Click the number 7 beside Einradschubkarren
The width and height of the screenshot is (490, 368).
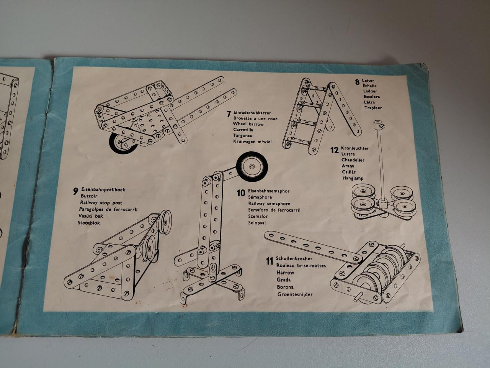229,114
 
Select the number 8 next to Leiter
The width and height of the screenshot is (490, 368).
357,81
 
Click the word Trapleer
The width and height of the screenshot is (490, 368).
373,108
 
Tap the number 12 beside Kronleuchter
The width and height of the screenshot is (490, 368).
335,150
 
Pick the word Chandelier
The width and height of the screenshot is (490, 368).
353,160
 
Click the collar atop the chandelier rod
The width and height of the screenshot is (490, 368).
377,125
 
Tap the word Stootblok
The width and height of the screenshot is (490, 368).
89,223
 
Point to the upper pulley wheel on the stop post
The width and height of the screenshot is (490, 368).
166,220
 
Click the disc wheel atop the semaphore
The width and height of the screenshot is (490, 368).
252,166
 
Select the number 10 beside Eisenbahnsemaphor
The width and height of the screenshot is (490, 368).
240,193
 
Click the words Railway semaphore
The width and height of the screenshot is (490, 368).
269,204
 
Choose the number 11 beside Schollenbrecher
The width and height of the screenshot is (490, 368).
270,261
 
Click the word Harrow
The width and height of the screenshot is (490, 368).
285,273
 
